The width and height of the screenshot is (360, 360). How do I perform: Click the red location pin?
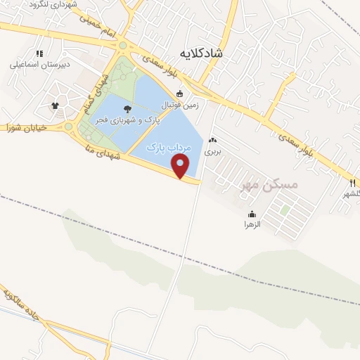[x=181, y=167]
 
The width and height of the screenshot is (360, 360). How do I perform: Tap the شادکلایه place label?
[x=201, y=53]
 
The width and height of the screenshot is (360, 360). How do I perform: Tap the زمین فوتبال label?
[x=181, y=105]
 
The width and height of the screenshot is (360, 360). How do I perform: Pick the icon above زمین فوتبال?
[x=180, y=94]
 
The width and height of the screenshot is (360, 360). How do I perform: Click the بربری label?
[x=212, y=151]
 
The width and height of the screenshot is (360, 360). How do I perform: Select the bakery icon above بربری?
[x=212, y=140]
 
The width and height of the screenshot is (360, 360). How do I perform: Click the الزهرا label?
[x=252, y=224]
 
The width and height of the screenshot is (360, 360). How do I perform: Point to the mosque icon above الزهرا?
[x=252, y=214]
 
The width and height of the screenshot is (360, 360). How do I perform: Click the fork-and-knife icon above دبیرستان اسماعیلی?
[x=39, y=53]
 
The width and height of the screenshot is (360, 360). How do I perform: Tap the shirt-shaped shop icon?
[x=55, y=105]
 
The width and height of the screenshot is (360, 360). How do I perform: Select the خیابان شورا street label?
[x=26, y=128]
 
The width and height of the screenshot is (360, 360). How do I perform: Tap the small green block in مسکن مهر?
[x=285, y=209]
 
